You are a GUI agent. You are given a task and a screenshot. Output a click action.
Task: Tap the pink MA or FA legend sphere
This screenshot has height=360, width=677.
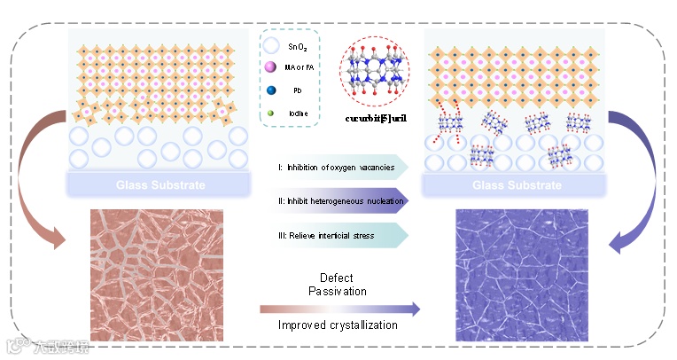point(273,68)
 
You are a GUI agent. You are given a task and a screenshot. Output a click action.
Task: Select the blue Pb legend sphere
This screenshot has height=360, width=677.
point(273,90)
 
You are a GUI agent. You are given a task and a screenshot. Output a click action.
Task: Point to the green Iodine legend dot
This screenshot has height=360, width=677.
point(273,113)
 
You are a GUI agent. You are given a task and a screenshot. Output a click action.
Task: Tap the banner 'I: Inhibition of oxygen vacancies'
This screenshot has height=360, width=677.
point(341,167)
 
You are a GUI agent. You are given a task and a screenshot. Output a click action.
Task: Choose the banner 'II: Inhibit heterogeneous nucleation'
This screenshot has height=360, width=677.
point(341,201)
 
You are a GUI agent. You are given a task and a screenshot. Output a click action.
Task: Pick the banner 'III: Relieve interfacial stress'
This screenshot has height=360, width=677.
point(341,235)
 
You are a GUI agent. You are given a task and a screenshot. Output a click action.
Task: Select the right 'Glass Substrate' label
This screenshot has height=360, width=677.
point(512,185)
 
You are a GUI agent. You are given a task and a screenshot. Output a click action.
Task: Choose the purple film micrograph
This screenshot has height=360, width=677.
point(520,275)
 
